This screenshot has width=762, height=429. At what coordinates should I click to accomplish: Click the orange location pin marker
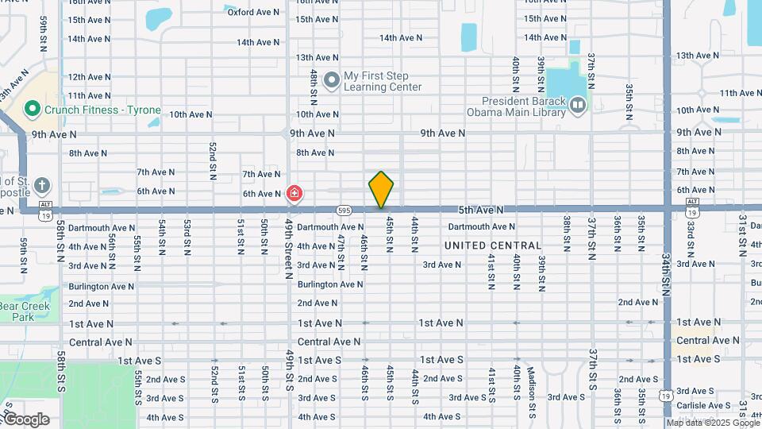click(381, 189)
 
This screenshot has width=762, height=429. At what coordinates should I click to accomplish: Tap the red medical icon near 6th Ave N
click(294, 193)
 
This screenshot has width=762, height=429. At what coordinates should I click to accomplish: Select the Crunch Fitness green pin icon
click(33, 110)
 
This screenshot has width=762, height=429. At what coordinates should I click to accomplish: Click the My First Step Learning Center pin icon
click(332, 79)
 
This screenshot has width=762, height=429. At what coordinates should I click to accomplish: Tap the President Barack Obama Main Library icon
click(578, 105)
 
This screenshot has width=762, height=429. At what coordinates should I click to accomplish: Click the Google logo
click(25, 419)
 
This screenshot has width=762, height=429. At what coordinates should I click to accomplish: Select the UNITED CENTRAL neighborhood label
click(493, 245)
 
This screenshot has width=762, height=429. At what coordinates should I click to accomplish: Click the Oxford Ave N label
click(253, 12)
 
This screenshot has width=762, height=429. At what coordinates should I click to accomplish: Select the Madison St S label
click(532, 384)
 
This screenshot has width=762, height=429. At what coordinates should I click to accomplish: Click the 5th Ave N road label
click(481, 210)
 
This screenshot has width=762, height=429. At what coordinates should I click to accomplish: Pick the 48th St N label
click(314, 83)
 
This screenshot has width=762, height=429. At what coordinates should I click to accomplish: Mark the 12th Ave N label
click(90, 76)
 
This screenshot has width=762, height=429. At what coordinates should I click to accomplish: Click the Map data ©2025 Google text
click(712, 423)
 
